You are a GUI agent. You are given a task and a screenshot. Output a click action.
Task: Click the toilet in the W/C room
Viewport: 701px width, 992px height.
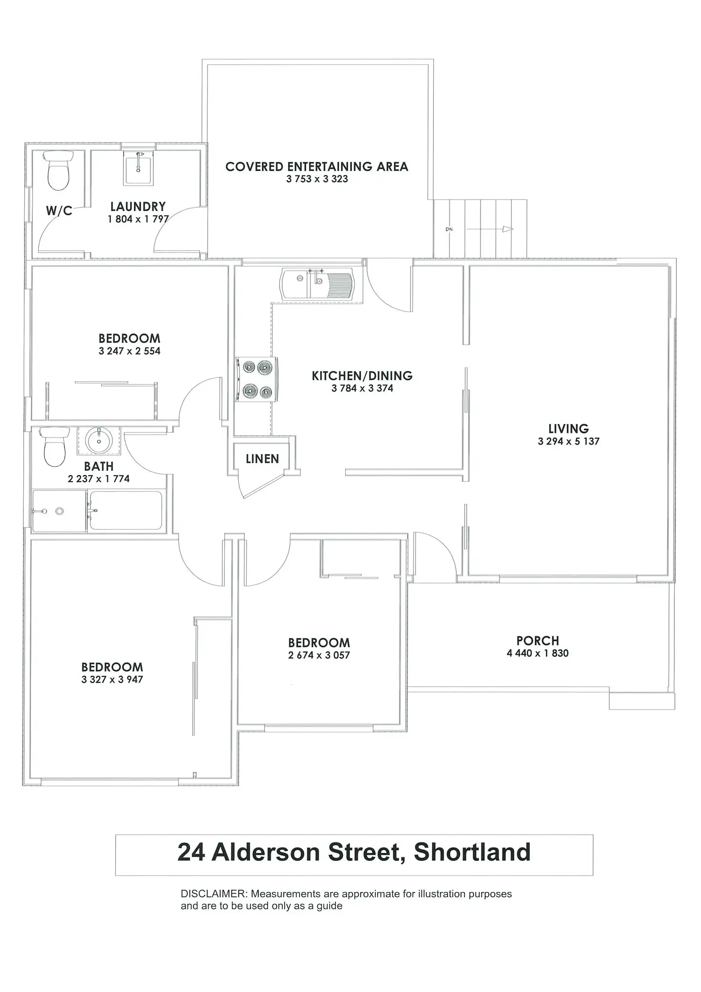tap(59, 170)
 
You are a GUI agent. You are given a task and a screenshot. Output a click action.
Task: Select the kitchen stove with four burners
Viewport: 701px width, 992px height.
tap(256, 379)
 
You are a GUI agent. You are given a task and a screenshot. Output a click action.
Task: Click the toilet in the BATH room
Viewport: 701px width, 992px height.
tap(54, 447)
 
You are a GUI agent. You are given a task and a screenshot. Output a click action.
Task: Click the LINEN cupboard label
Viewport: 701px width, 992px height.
tap(262, 459)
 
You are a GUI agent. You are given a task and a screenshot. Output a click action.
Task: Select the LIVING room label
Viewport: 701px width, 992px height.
tap(569, 428)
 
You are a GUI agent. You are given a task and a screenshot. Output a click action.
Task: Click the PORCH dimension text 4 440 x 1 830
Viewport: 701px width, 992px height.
tap(538, 653)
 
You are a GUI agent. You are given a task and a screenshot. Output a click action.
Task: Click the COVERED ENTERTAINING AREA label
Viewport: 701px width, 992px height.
tap(317, 167)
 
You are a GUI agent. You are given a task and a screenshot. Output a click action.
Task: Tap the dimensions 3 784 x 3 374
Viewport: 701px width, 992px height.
tap(362, 388)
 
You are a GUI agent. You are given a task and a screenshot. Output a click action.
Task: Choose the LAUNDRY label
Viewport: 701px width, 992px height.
tap(138, 207)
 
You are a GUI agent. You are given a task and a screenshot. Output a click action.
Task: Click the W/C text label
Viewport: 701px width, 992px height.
tap(59, 211)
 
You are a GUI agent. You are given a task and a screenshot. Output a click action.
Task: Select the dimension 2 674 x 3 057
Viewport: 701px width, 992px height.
tap(319, 655)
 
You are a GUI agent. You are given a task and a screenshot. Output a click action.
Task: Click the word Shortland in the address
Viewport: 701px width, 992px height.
tap(472, 852)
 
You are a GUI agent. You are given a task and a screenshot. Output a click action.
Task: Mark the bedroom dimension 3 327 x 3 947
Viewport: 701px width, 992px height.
tap(112, 679)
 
